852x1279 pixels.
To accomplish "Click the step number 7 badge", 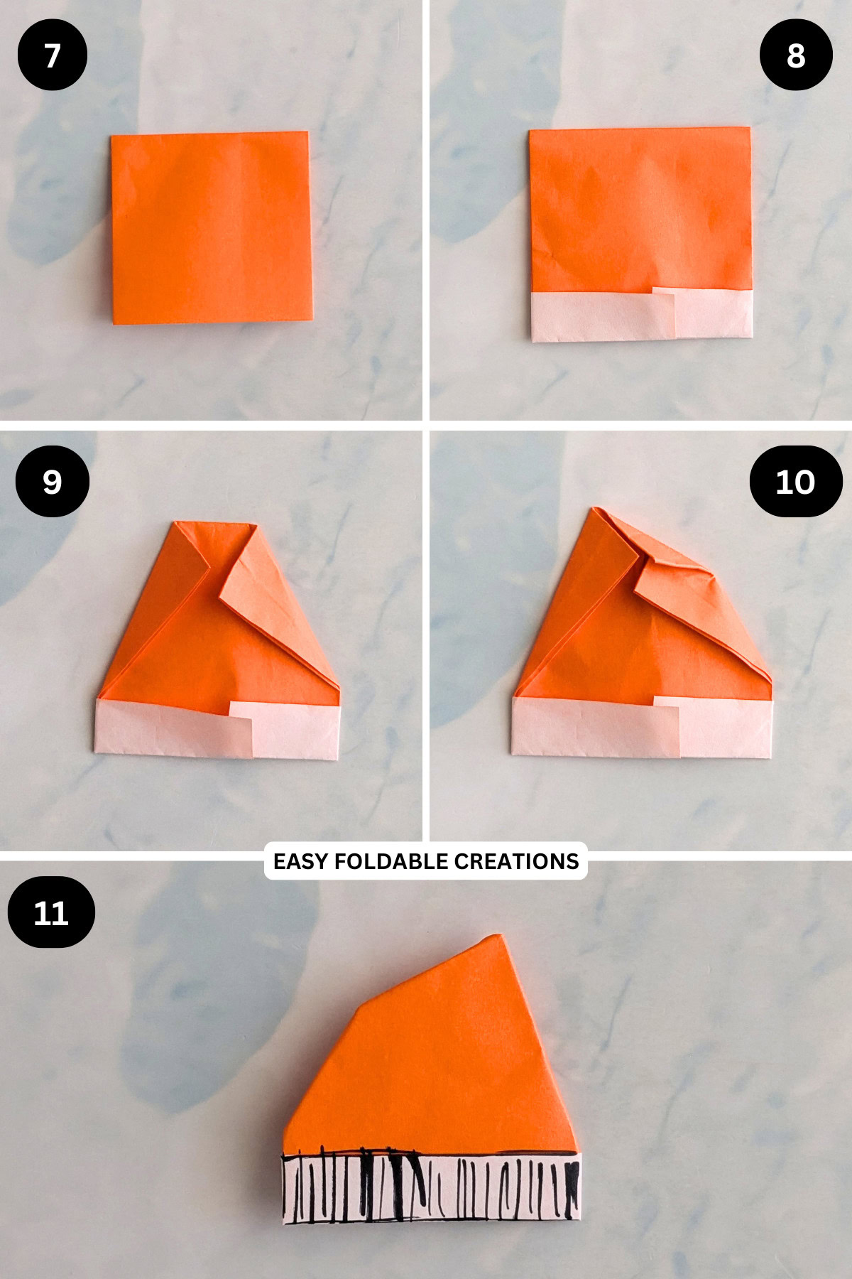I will [52, 55].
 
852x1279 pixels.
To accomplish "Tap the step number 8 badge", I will [795, 55].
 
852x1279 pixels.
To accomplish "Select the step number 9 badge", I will [52, 482].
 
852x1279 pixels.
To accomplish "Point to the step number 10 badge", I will [795, 482].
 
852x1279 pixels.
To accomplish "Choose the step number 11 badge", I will [51, 912].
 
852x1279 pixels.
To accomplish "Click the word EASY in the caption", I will [301, 861].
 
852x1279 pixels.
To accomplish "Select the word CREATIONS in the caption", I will [516, 861].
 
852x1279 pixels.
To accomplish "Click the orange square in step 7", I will [211, 227].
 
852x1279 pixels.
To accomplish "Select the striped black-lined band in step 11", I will [432, 1188].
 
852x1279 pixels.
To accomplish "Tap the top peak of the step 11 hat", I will [497, 939].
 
